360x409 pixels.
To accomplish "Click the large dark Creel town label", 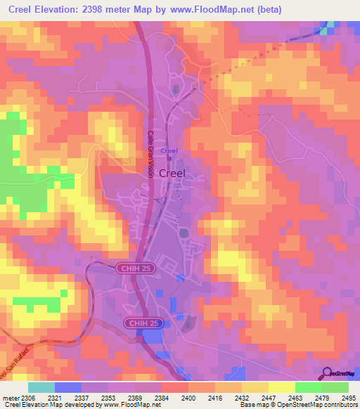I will coord(173,173).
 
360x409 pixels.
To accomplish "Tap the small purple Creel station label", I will coord(169,150).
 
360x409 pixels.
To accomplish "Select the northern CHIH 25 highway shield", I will coord(131,268).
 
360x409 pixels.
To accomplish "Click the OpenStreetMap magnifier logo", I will coord(328,373).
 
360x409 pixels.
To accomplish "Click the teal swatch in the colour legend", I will coord(41,387).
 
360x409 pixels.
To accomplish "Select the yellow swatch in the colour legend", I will coord(281,387).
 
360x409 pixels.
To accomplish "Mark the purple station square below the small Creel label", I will coord(169,158).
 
